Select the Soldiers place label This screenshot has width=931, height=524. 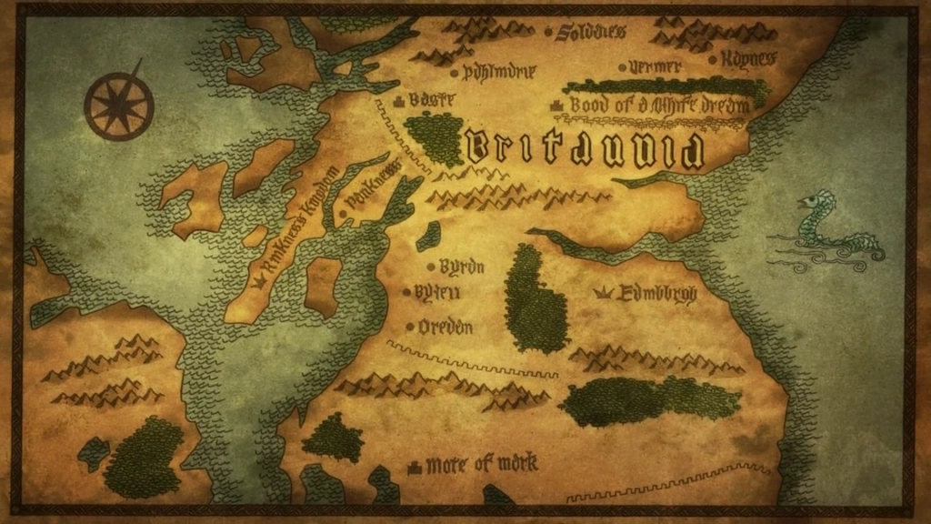tap(592, 32)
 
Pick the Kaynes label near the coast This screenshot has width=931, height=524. tap(748, 58)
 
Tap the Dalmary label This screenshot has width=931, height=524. tap(499, 70)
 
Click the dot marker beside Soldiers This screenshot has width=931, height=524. tap(550, 32)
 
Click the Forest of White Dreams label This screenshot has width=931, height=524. tap(660, 106)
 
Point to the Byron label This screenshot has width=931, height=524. tap(461, 267)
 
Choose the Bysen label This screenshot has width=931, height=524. tap(437, 292)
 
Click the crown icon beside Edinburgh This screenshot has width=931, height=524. tap(602, 293)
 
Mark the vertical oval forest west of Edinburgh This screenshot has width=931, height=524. tap(536, 299)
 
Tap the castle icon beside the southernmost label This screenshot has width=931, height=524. tap(415, 467)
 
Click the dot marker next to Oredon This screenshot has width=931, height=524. tap(411, 327)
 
